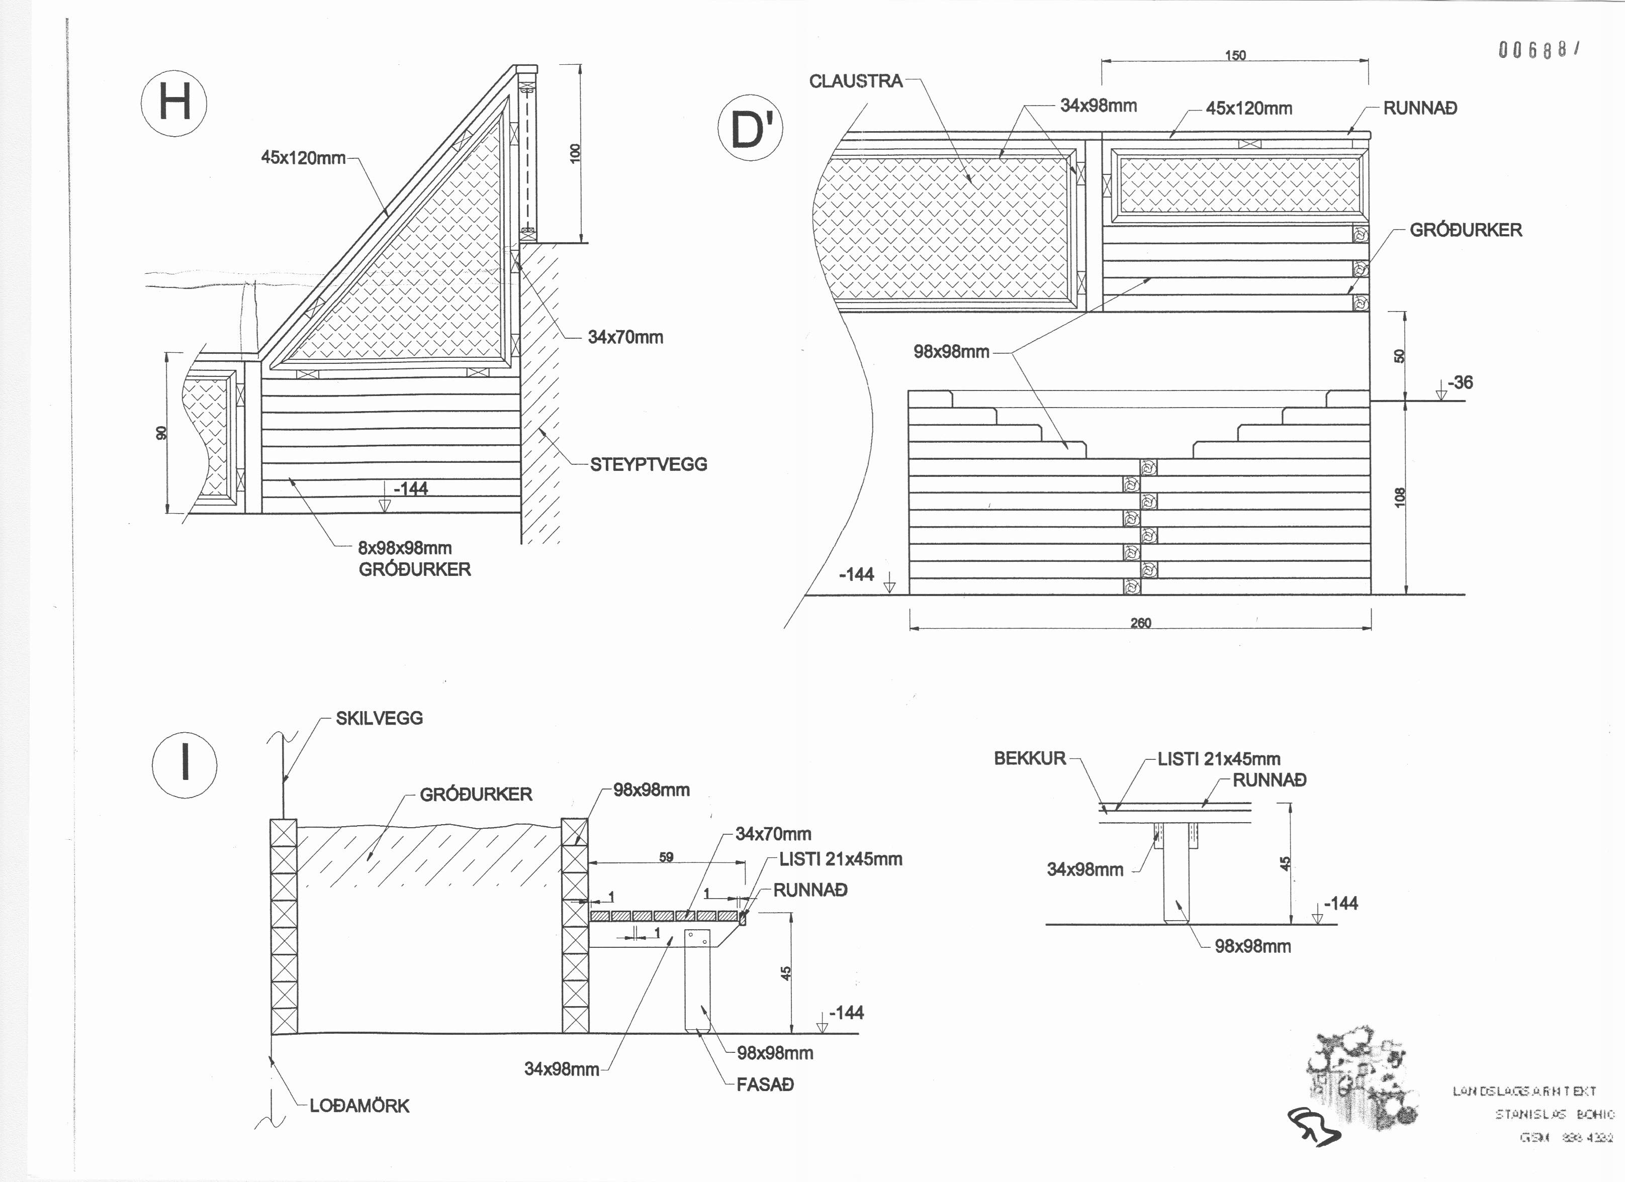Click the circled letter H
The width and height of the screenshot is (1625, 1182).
pyautogui.click(x=174, y=103)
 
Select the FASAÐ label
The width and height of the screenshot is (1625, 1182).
pyautogui.click(x=765, y=1085)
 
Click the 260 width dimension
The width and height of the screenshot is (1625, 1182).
pyautogui.click(x=1141, y=623)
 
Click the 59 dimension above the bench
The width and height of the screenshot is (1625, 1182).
pyautogui.click(x=666, y=857)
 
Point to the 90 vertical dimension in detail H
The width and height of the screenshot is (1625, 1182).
pyautogui.click(x=162, y=433)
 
